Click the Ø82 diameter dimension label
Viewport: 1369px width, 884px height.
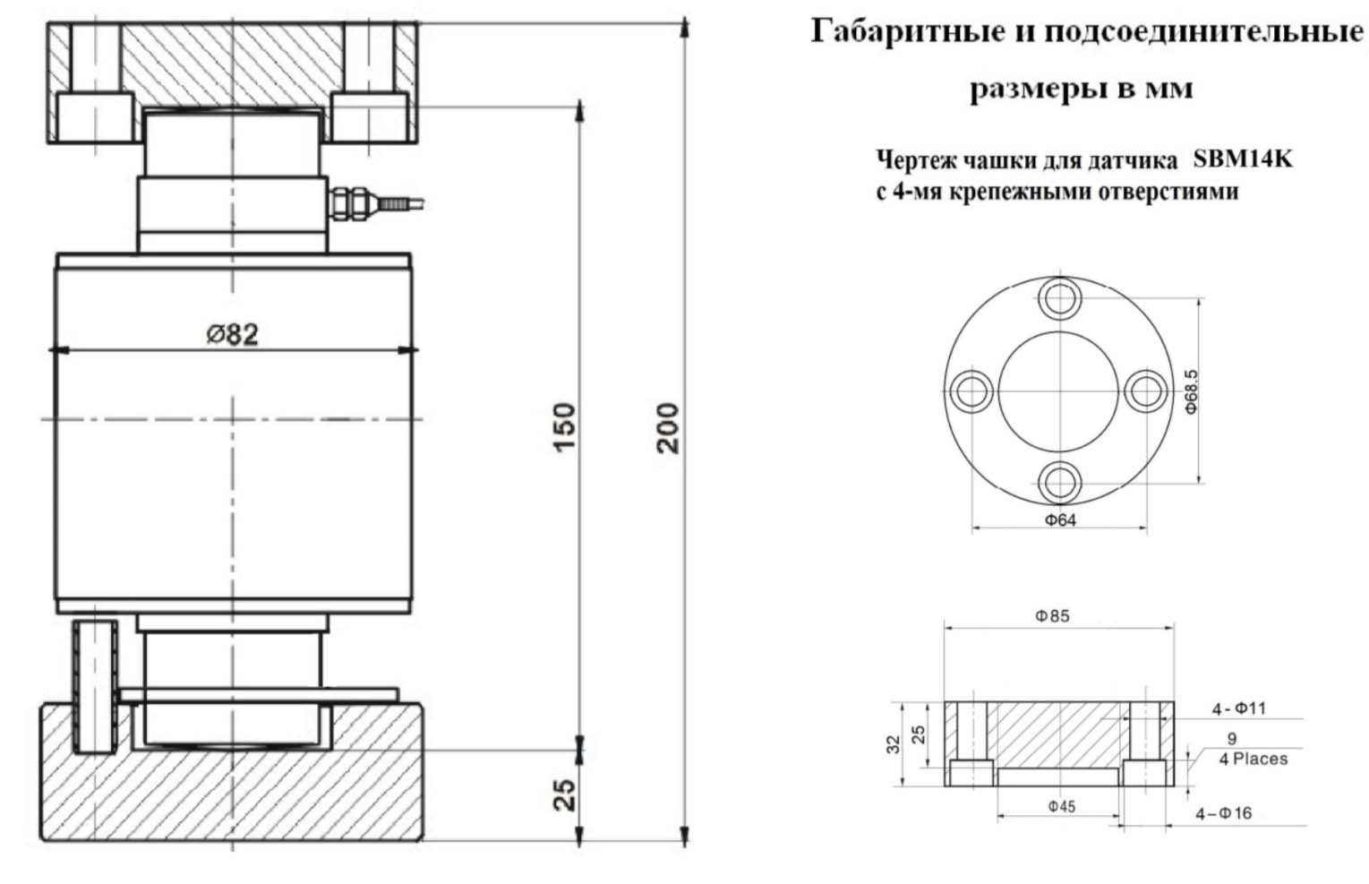coord(232,334)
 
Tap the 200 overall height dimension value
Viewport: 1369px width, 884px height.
coord(667,428)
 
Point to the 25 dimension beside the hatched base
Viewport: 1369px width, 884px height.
coord(565,794)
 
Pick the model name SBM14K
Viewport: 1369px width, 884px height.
coord(1243,159)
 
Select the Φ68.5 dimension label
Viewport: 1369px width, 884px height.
coord(1191,392)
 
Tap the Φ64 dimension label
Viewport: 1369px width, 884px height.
coord(1060,519)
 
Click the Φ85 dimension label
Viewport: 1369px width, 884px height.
coord(1052,615)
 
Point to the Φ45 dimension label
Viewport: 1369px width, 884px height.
coord(1062,806)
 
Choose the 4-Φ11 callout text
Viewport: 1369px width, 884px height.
coord(1239,708)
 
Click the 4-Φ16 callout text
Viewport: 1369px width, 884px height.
coord(1224,813)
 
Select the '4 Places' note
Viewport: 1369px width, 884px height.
coord(1253,759)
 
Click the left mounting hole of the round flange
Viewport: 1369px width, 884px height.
coord(971,391)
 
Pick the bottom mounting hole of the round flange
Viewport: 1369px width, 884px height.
coord(1060,483)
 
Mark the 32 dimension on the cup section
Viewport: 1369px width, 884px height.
coord(893,744)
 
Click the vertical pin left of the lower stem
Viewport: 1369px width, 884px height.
coord(95,686)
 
